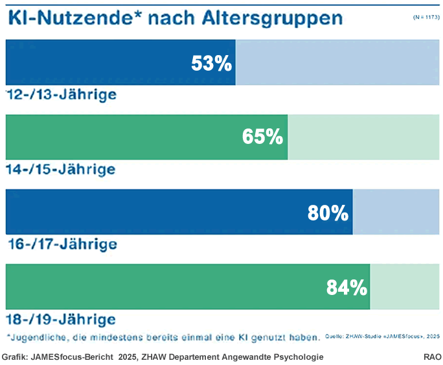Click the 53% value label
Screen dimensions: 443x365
point(212,63)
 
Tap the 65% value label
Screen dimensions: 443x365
point(262,137)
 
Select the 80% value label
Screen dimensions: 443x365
point(328,213)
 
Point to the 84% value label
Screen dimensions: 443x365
point(347,288)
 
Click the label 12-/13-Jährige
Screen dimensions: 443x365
point(62,95)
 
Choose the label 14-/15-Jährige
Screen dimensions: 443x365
point(61,169)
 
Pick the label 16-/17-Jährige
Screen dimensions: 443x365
point(62,244)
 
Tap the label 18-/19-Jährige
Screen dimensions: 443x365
point(61,320)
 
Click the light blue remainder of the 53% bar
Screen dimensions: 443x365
point(337,62)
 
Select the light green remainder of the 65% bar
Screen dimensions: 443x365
point(363,137)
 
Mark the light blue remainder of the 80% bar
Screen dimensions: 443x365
point(396,212)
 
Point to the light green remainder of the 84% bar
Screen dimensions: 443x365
point(405,287)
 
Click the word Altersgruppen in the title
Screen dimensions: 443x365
point(273,19)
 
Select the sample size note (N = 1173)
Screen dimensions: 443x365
point(426,18)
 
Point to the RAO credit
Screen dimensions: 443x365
point(432,357)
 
